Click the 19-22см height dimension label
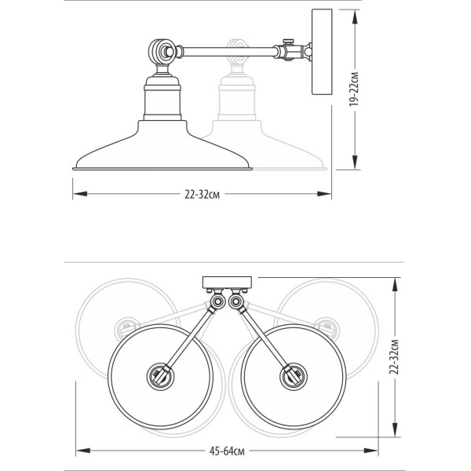pyautogui.click(x=355, y=89)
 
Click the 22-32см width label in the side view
pyautogui.click(x=203, y=195)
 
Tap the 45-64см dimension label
pyautogui.click(x=227, y=451)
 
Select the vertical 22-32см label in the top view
pyautogui.click(x=394, y=357)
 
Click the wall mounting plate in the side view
pyautogui.click(x=322, y=52)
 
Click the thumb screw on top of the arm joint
pyautogui.click(x=289, y=41)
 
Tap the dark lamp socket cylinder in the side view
pyautogui.click(x=162, y=98)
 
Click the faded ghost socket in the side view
pyautogui.click(x=237, y=98)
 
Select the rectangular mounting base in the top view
pyautogui.click(x=228, y=282)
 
